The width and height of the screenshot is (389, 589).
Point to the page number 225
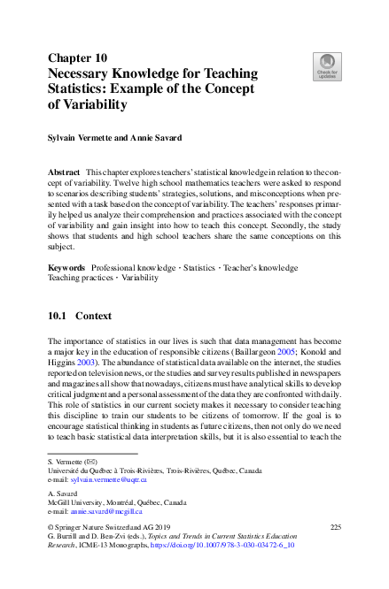pos(335,527)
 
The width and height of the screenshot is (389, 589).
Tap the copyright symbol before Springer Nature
pos(51,527)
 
